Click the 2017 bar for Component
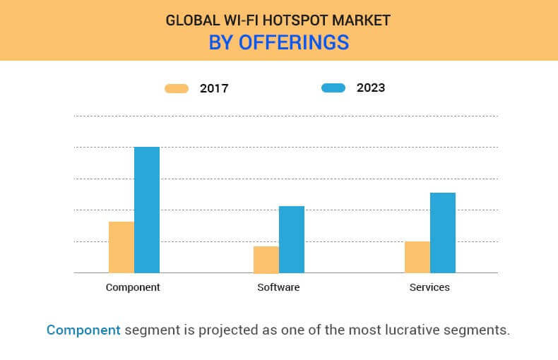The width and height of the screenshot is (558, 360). coord(121,247)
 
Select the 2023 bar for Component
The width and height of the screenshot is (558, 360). coord(147,210)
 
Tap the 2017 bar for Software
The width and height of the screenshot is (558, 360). coord(266,260)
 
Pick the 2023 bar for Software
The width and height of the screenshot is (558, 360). coord(292,239)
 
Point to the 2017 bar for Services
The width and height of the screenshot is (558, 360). coord(417,257)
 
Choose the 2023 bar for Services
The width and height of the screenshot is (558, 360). coord(443,233)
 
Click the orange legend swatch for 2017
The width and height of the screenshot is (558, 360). coord(177,88)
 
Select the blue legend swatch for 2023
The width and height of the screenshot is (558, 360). coord(333,88)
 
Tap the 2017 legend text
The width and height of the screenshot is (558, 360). coord(214,88)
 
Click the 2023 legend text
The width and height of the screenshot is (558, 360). coord(371,88)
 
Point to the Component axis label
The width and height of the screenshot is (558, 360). coord(133,287)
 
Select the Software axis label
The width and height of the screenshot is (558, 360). coord(278,287)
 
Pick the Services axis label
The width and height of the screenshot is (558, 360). coord(429,287)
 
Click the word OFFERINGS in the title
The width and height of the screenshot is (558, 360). coord(294,42)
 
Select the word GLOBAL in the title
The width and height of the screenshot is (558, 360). coord(193,20)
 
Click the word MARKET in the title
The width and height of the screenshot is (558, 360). coord(361,20)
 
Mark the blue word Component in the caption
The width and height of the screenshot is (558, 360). coord(83,330)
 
